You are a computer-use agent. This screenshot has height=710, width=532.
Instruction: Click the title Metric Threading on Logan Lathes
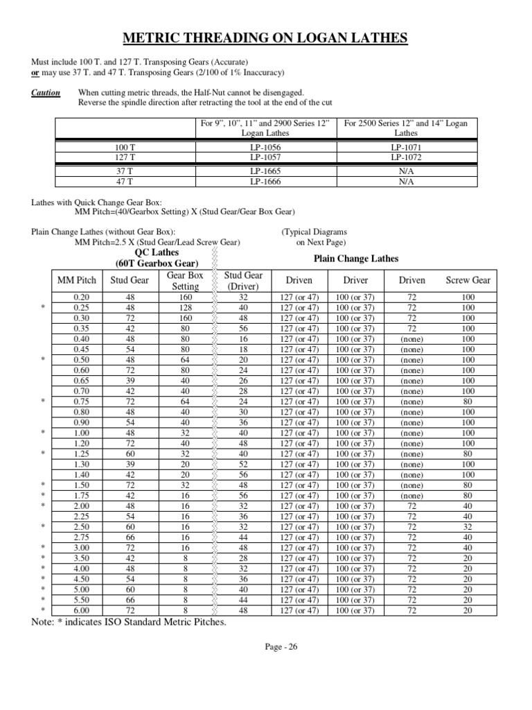click(265, 37)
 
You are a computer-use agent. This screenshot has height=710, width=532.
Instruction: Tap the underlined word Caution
click(46, 93)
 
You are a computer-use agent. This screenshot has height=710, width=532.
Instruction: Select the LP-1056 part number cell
click(265, 148)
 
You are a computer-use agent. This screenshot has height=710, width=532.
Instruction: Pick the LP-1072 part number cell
click(406, 157)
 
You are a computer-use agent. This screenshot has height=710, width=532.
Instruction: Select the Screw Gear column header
click(468, 280)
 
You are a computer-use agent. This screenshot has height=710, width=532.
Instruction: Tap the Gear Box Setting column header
click(185, 280)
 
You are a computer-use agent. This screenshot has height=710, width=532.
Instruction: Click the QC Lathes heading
click(156, 253)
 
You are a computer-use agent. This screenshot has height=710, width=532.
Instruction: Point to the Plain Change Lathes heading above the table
click(356, 259)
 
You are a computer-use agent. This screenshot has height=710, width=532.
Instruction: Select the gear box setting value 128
click(185, 307)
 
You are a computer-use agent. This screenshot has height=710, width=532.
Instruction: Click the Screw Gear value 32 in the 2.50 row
click(468, 528)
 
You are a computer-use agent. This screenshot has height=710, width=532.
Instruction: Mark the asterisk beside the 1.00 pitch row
click(43, 433)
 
